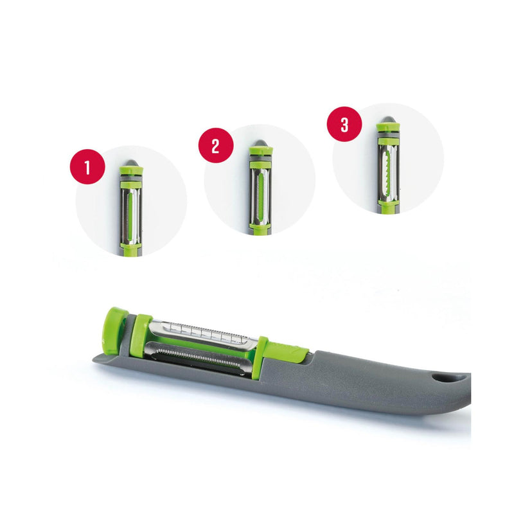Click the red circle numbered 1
coord(87,166)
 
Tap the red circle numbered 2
coord(216,145)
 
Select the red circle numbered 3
coord(344,124)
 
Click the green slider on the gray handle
coord(288,353)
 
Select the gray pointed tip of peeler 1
coord(131,163)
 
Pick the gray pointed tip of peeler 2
coord(260,143)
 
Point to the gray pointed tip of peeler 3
coord(388,120)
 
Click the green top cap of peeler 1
coord(132,171)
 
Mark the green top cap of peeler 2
coord(261,152)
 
